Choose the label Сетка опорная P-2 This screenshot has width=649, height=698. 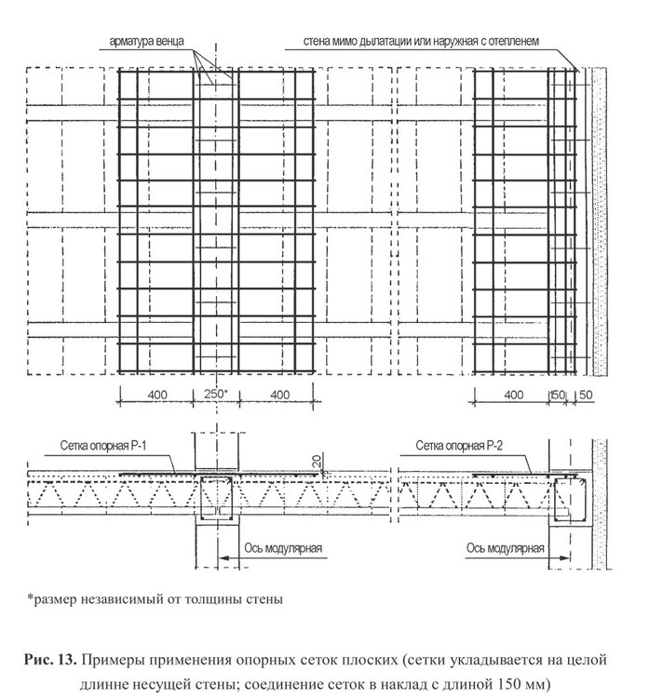[460, 445]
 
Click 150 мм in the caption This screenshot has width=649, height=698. [526, 683]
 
